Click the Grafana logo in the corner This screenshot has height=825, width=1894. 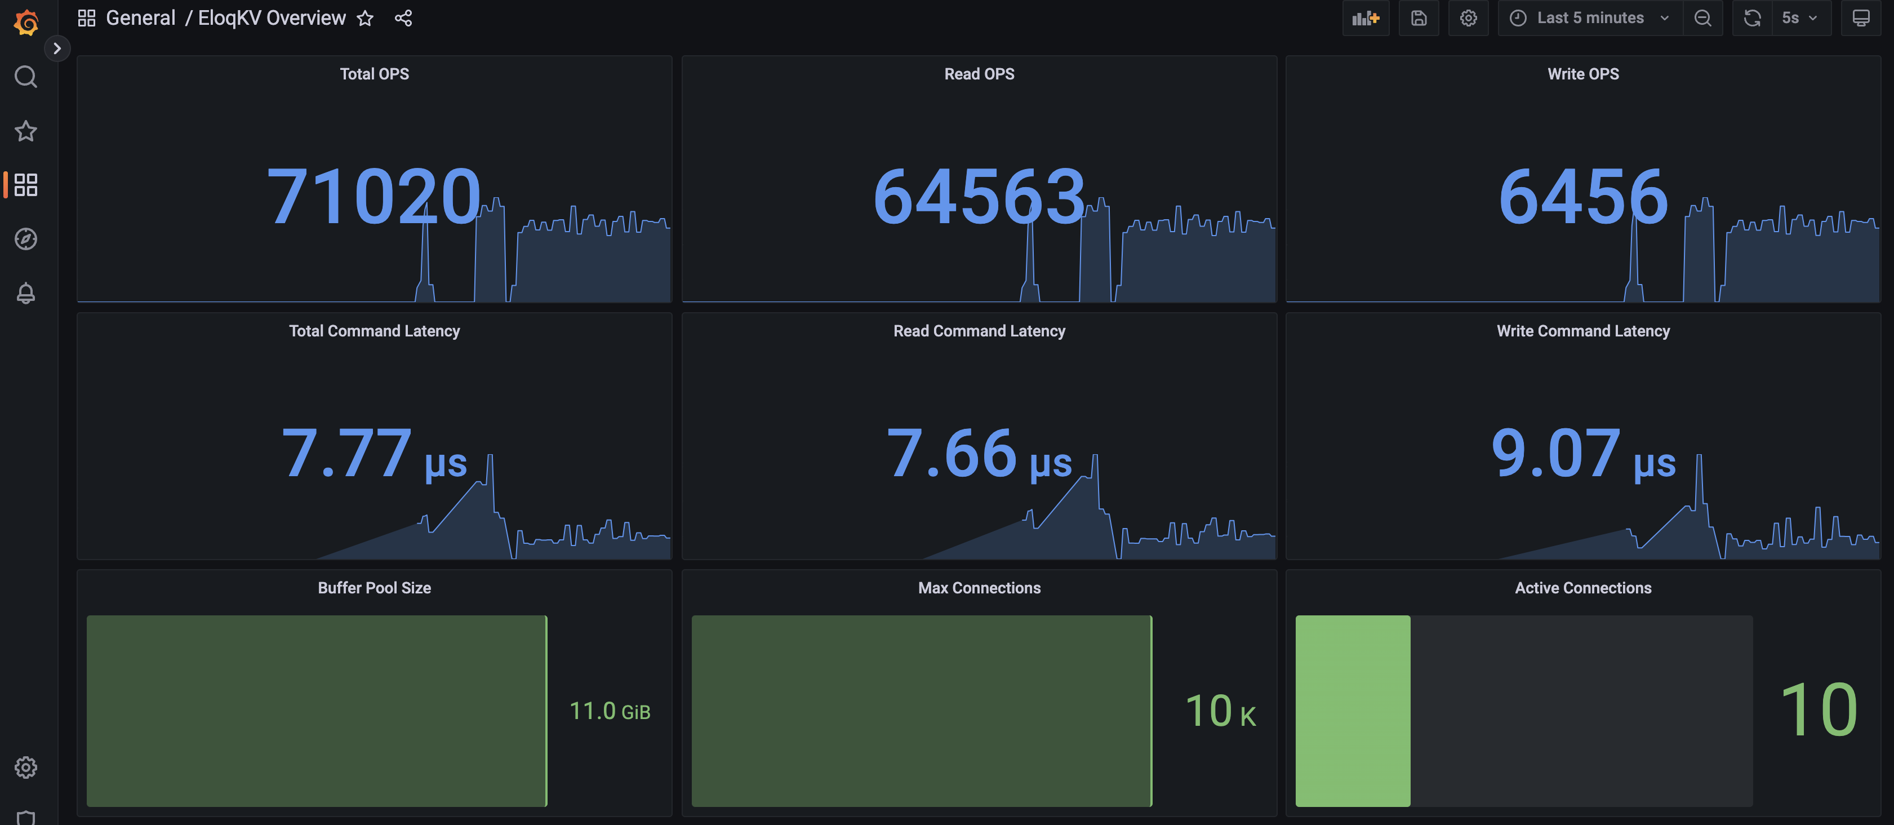(x=26, y=22)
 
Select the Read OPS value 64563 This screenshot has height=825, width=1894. (x=978, y=196)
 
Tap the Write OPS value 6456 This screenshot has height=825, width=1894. (x=1582, y=196)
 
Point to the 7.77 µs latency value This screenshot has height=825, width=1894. (x=374, y=454)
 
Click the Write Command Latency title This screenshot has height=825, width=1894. (x=1582, y=331)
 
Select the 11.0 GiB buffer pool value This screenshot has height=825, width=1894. (x=610, y=711)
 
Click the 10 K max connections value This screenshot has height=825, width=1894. (x=1220, y=711)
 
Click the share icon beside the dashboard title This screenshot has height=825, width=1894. (x=403, y=19)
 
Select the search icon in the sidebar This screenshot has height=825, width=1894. (x=26, y=77)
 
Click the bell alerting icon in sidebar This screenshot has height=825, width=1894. (x=26, y=292)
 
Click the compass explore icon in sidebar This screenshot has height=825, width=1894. (x=26, y=239)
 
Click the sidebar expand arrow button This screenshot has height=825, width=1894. (x=56, y=48)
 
